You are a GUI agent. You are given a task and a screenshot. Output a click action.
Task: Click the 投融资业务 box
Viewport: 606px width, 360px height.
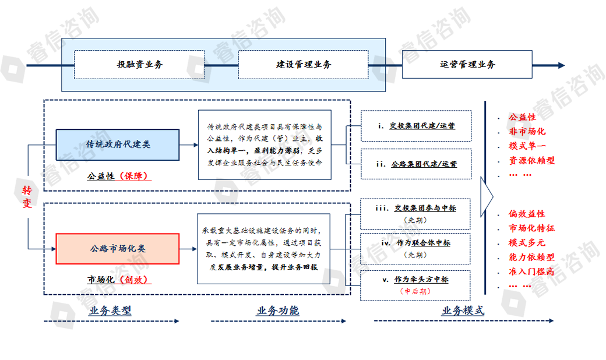point(140,65)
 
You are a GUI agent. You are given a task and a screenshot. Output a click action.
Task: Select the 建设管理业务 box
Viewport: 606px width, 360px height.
point(303,65)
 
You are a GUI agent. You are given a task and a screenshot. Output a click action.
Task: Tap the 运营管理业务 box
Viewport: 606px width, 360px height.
point(467,65)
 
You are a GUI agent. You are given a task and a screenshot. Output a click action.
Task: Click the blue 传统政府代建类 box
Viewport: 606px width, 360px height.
point(118,144)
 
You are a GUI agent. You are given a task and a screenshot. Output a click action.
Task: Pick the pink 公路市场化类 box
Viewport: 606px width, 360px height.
point(117,249)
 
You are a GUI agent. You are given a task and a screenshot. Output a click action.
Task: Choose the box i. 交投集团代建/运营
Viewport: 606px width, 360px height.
point(415,125)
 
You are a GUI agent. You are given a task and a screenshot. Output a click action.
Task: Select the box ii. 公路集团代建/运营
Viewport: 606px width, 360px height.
point(415,164)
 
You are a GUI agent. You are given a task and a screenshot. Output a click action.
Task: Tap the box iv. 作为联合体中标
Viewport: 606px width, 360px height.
point(415,248)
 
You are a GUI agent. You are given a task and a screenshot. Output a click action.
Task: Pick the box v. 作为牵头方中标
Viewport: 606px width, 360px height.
point(415,285)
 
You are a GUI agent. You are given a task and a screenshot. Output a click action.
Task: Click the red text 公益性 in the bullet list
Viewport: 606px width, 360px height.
point(522,117)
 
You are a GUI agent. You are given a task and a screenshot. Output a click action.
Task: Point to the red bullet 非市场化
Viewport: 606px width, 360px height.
point(527,131)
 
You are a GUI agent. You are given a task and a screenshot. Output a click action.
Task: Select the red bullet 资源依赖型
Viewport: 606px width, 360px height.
point(531,160)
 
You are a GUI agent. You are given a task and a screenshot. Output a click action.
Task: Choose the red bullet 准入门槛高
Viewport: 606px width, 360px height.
point(531,271)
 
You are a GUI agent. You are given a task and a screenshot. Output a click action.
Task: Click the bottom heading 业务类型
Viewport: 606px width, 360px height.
point(110,310)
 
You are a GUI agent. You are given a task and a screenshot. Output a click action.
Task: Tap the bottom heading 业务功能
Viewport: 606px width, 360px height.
point(277,310)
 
